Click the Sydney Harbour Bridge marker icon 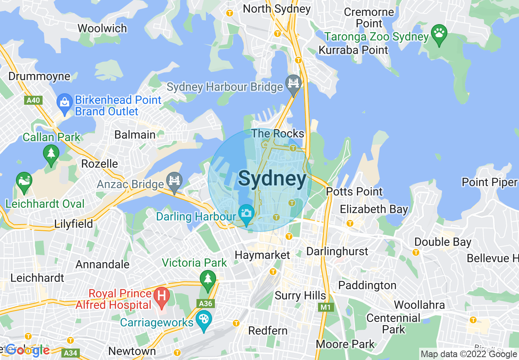click(293, 83)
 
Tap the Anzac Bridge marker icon click(175, 181)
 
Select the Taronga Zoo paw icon click(439, 32)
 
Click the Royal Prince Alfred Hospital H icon click(161, 295)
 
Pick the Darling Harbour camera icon click(246, 213)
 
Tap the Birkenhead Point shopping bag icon click(64, 101)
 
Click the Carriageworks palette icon click(203, 319)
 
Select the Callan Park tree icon click(51, 154)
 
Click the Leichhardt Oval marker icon click(24, 181)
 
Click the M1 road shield click(325, 306)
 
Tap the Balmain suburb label click(135, 135)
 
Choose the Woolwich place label click(102, 28)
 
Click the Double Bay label click(443, 242)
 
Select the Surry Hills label click(300, 295)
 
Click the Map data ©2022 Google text click(469, 354)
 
